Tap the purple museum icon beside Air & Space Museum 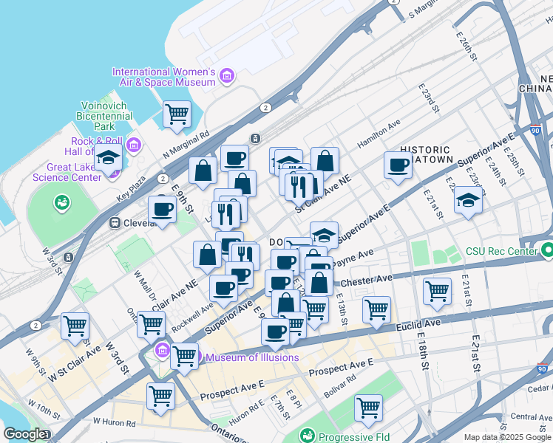click(x=226, y=76)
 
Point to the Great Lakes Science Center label click(x=66, y=172)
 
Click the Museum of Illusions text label click(x=252, y=358)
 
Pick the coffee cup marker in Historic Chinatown click(x=398, y=165)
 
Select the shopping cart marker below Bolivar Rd click(x=367, y=408)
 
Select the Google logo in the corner click(x=24, y=434)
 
